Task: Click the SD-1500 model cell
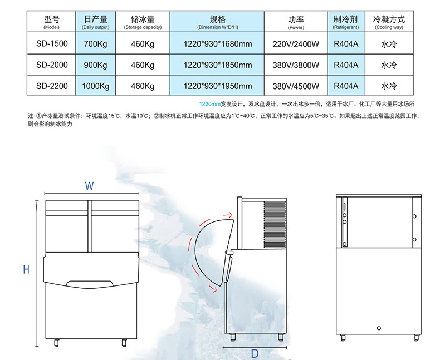(52, 43)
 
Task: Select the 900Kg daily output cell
(95, 65)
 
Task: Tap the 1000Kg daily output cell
(95, 86)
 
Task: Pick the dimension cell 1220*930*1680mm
(217, 43)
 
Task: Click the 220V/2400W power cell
(296, 43)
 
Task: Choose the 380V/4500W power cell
(296, 86)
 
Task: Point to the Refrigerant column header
(345, 22)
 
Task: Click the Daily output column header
(95, 22)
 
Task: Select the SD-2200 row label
(52, 86)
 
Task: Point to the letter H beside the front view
(26, 270)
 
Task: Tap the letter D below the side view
(254, 353)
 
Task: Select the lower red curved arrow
(213, 287)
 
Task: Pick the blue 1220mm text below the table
(211, 104)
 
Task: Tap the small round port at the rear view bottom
(379, 327)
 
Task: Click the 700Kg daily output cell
(95, 43)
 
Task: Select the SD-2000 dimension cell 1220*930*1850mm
(217, 65)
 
